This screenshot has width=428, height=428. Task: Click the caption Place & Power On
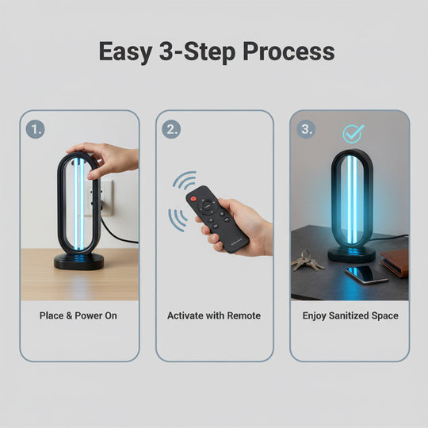[78, 315]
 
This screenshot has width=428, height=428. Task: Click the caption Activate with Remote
[214, 315]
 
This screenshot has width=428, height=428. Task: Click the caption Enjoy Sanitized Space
[350, 315]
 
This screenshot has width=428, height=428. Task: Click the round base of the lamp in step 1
[78, 261]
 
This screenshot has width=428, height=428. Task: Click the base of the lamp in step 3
[351, 253]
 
